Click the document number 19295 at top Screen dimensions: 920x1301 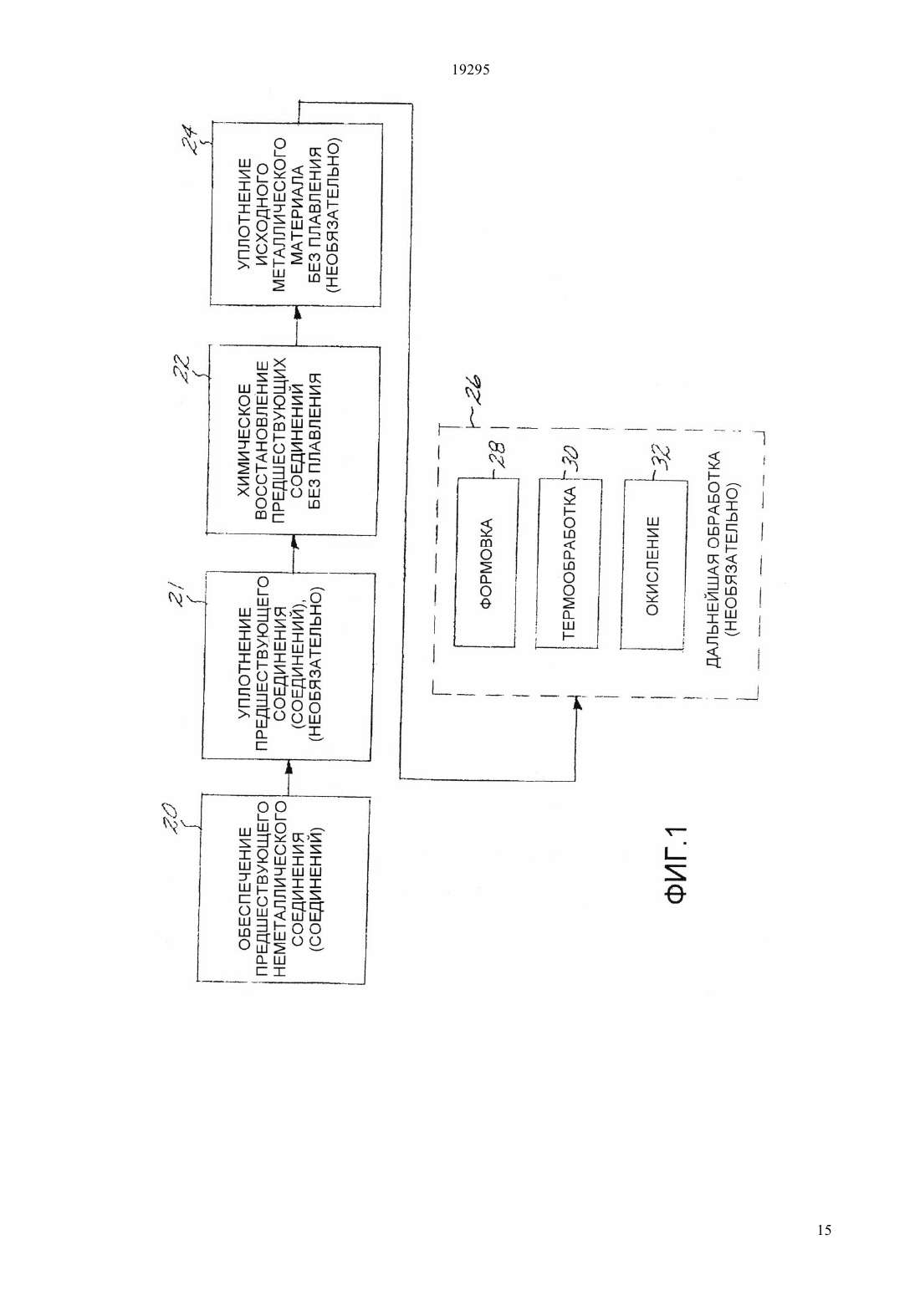click(x=470, y=69)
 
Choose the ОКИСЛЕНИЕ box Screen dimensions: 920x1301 click(x=653, y=564)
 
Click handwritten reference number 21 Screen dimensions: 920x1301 click(x=178, y=595)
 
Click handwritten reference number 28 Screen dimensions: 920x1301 click(x=500, y=456)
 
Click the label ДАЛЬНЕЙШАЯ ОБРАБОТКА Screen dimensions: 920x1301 click(x=714, y=559)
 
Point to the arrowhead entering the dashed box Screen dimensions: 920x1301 click(x=577, y=703)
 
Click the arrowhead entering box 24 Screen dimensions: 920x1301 click(x=297, y=313)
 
